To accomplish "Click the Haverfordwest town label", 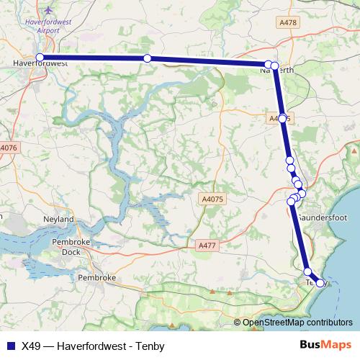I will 40,64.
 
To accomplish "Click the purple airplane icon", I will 48,11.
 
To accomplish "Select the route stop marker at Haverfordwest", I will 40,57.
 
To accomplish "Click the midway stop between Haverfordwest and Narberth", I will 147,58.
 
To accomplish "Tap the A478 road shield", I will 288,23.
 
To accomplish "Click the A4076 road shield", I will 8,148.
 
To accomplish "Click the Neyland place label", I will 59,218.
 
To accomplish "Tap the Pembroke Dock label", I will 69,247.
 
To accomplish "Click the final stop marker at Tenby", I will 320,283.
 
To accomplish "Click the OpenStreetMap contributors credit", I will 297,323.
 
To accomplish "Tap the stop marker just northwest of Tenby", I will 308,271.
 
